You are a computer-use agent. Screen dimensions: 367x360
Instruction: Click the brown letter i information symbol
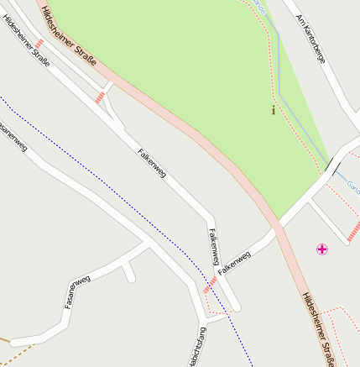(274, 109)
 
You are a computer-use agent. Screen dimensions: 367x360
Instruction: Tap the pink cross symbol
(322, 249)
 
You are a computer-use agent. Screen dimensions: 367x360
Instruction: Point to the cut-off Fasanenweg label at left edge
(13, 139)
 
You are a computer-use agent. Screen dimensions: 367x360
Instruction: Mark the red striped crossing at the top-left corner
(39, 18)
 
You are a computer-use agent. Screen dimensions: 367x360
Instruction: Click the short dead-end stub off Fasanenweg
(129, 271)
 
